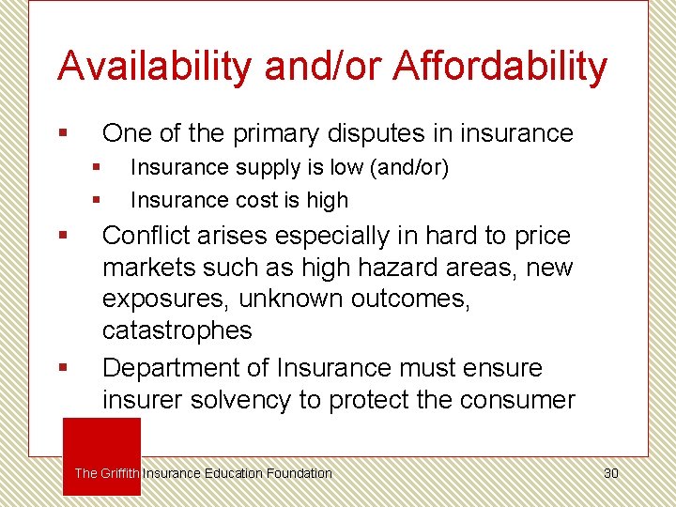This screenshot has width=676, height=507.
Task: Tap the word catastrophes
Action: point(177,330)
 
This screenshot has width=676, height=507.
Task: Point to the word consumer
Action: point(517,400)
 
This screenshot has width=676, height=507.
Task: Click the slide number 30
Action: point(610,473)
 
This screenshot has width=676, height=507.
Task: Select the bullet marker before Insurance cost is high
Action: point(95,200)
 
